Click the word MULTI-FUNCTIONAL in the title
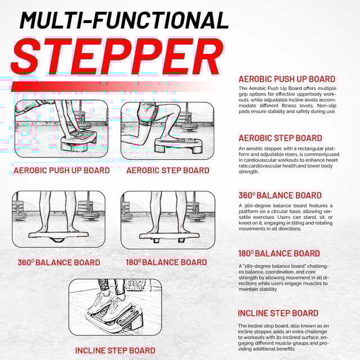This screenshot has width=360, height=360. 124,20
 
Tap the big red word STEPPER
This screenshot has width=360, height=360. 118,57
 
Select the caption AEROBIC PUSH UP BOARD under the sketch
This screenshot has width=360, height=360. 61,170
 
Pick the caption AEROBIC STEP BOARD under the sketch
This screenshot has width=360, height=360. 168,170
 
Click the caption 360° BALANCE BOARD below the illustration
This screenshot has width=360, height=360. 58,263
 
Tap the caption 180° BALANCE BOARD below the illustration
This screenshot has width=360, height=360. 166,262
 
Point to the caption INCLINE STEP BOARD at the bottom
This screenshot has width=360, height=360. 115,350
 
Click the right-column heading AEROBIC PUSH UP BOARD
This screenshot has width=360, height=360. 287,79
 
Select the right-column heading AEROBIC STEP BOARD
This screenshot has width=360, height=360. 280,138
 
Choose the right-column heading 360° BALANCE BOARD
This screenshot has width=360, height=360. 280,195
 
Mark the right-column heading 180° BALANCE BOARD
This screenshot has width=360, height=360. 279,254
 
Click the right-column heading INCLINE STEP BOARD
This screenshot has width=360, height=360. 278,313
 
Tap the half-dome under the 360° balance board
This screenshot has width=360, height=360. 57,240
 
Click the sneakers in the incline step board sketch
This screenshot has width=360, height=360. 109,303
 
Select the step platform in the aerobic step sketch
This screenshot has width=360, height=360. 179,144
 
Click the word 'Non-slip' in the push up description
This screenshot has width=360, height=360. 326,106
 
